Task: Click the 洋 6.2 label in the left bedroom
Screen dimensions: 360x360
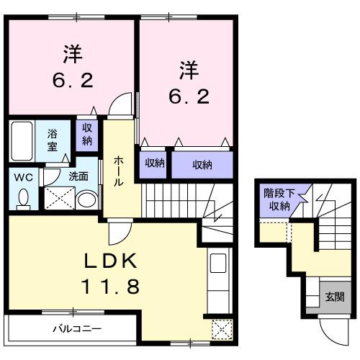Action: tap(72, 66)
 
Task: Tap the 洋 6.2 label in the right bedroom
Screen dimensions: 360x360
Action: tap(189, 83)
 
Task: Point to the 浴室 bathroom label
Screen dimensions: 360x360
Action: tap(53, 138)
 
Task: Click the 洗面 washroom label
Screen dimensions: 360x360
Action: tap(78, 175)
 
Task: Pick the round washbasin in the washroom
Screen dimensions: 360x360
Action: tap(86, 199)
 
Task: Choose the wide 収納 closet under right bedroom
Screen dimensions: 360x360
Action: tap(202, 165)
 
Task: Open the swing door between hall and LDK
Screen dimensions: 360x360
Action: tap(117, 232)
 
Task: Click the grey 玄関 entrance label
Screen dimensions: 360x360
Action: tap(333, 296)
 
